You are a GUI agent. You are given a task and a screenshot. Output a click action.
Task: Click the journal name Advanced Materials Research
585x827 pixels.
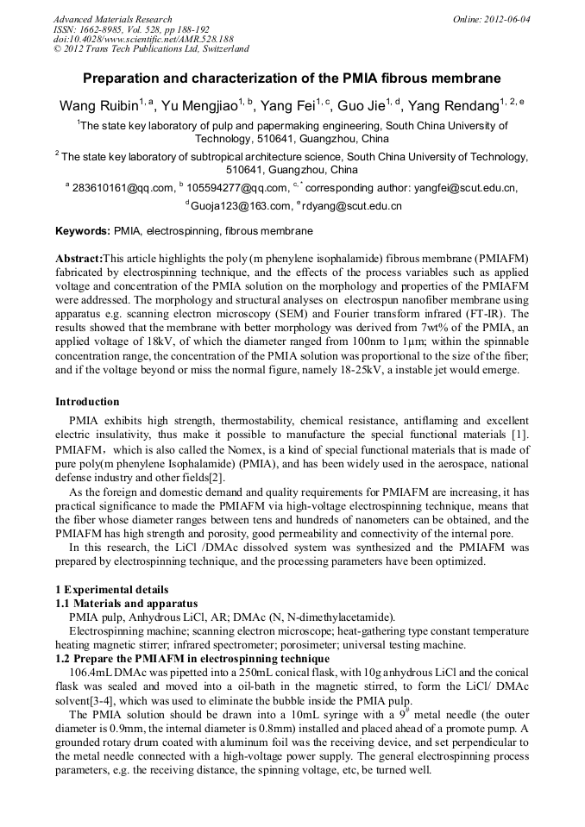[x=112, y=19]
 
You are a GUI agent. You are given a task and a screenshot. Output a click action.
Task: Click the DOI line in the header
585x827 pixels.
[x=143, y=40]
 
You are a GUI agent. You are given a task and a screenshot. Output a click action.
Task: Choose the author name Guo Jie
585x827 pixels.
[x=362, y=106]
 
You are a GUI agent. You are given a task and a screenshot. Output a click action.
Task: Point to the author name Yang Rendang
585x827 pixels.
[x=456, y=106]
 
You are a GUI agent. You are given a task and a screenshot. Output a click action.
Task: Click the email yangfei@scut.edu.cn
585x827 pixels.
[x=467, y=187]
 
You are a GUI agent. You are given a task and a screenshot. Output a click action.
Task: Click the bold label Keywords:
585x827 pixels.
[x=83, y=231]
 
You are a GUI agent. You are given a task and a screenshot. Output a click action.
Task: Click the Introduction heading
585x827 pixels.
[x=87, y=402]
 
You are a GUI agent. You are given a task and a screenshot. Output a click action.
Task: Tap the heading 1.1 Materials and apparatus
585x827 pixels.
[x=126, y=603]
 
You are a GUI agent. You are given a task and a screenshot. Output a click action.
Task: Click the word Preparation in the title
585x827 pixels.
[x=123, y=78]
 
